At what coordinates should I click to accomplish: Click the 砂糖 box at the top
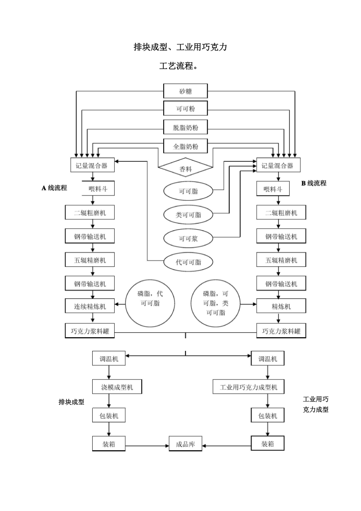(x=185, y=91)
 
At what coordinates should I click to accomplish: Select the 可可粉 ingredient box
(x=185, y=109)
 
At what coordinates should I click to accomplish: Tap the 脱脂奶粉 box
(x=185, y=128)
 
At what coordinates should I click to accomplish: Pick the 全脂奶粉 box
(x=185, y=147)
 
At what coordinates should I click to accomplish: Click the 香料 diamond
(x=185, y=169)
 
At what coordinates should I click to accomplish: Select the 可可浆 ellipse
(x=188, y=238)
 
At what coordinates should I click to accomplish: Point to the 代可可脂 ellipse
(x=188, y=262)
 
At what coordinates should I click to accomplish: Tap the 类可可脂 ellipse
(x=188, y=215)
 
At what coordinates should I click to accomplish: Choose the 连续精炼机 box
(x=90, y=307)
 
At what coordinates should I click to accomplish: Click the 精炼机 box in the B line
(x=281, y=307)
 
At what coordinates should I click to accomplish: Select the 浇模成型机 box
(x=117, y=387)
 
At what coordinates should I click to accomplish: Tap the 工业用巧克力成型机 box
(x=248, y=387)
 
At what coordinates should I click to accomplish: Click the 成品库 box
(x=185, y=444)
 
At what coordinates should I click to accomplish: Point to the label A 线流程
(x=54, y=188)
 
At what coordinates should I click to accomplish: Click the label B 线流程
(x=314, y=183)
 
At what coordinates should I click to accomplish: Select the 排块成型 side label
(x=71, y=402)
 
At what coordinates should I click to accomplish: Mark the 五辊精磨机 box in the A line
(x=90, y=260)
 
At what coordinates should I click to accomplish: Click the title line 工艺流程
(x=178, y=66)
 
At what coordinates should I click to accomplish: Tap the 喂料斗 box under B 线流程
(x=273, y=189)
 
